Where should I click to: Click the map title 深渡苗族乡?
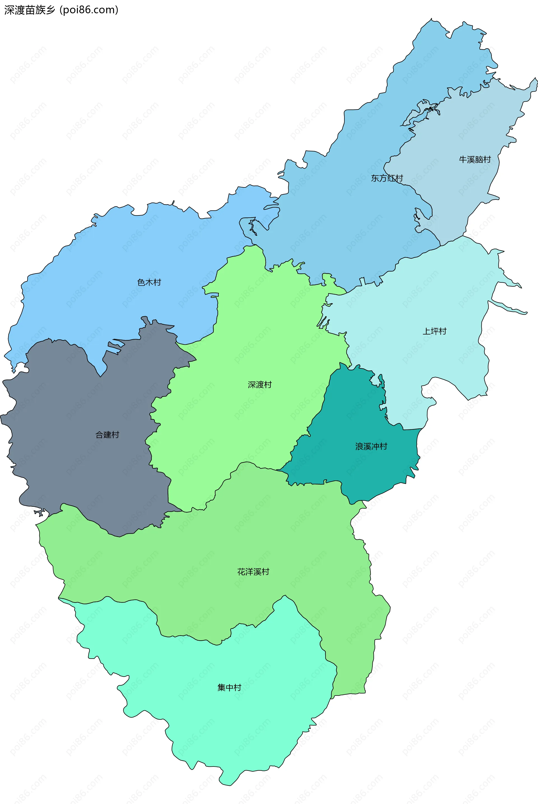pyautogui.click(x=30, y=10)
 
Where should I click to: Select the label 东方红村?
pyautogui.click(x=387, y=178)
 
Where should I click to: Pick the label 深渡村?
pyautogui.click(x=260, y=385)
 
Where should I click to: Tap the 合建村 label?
pyautogui.click(x=107, y=434)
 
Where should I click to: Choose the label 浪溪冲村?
pyautogui.click(x=371, y=446)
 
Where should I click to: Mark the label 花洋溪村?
pyautogui.click(x=253, y=572)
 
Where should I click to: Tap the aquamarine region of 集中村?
pyautogui.click(x=240, y=727)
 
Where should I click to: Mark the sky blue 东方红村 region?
pyautogui.click(x=343, y=223)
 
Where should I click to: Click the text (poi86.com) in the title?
pyautogui.click(x=89, y=10)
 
